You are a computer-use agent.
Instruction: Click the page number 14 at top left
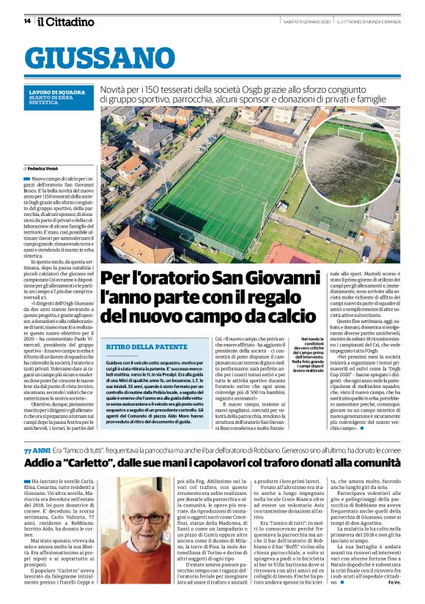tap(27, 21)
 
